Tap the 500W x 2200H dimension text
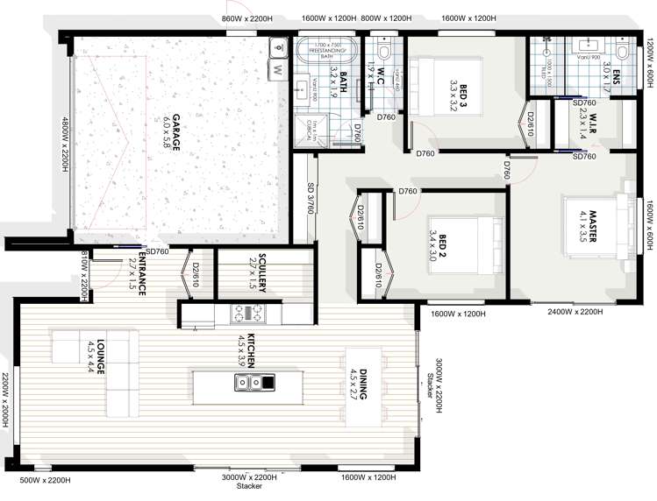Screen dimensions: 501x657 (46, 480)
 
